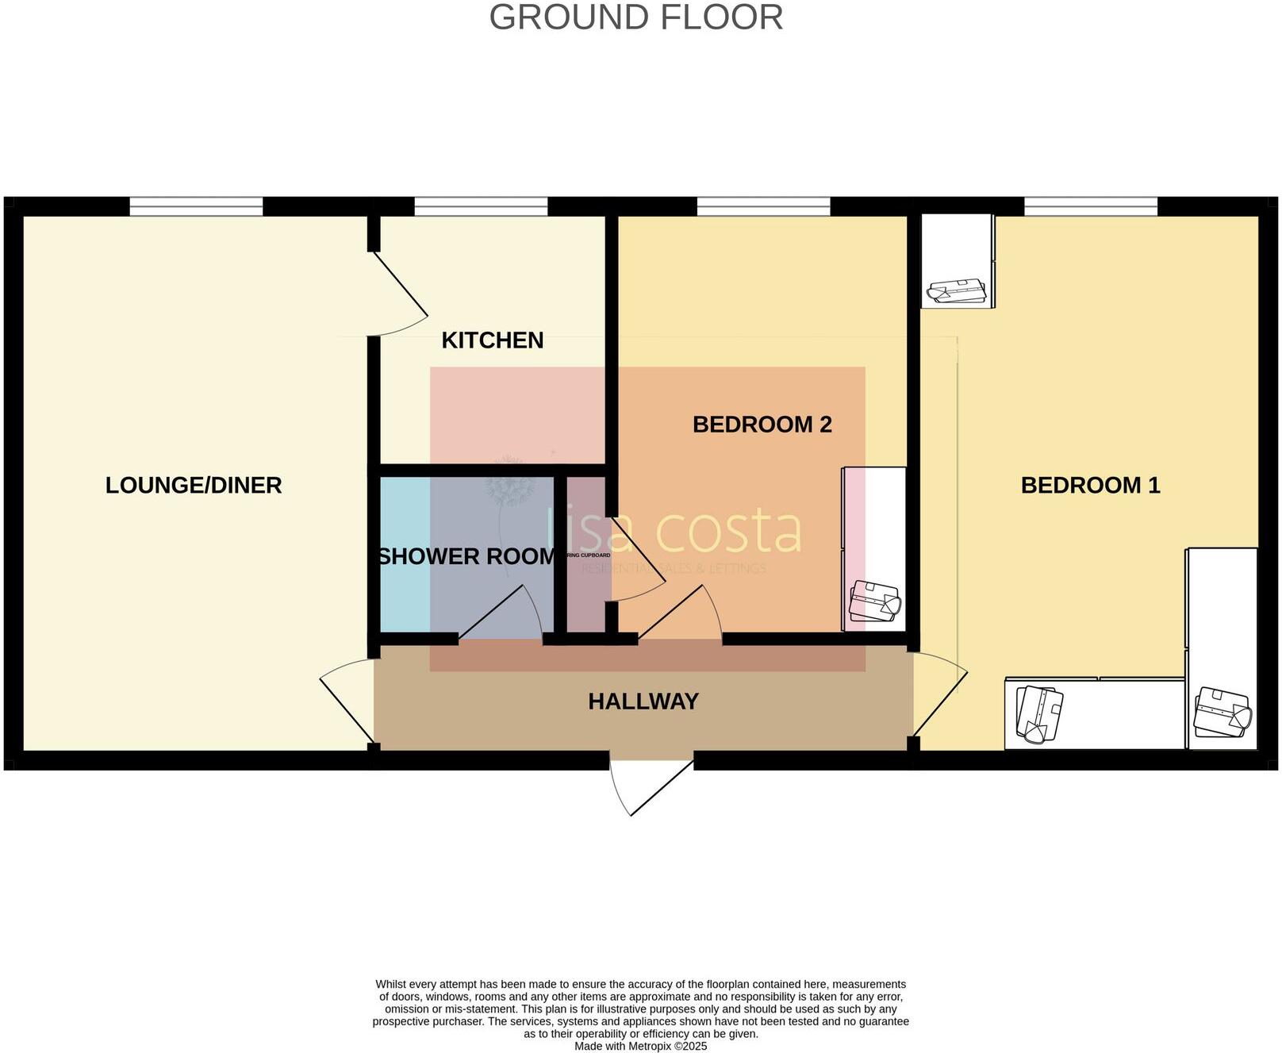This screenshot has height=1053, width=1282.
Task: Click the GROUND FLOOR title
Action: [x=635, y=17]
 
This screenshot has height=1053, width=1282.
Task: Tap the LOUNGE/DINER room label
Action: [x=194, y=485]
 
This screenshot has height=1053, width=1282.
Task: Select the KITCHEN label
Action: [x=492, y=340]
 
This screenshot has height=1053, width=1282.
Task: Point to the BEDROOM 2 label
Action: [x=762, y=425]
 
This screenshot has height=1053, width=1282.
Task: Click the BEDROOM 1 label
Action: [x=1090, y=485]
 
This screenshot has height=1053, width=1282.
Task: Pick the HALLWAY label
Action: [x=643, y=701]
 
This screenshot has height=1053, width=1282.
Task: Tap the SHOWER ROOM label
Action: [x=466, y=556]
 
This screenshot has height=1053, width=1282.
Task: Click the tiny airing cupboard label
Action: [x=588, y=555]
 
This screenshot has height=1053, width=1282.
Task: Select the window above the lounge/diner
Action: [x=196, y=206]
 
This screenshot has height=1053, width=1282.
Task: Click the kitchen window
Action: [x=481, y=206]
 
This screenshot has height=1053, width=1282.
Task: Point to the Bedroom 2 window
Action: [x=763, y=206]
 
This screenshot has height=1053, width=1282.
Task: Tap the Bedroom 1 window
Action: [x=1090, y=206]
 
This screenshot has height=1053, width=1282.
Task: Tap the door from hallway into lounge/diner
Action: [x=347, y=698]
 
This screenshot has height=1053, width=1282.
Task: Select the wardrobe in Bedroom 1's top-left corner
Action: [x=957, y=260]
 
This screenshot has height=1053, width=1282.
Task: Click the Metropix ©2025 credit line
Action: [x=640, y=1047]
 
